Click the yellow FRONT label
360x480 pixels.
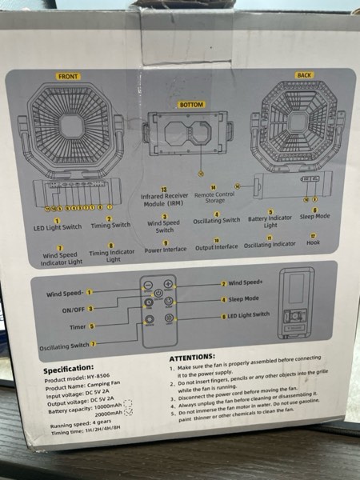click(69, 76)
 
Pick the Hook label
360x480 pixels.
click(314, 242)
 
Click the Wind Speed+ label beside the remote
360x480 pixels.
click(246, 283)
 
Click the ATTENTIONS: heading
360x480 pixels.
click(193, 356)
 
